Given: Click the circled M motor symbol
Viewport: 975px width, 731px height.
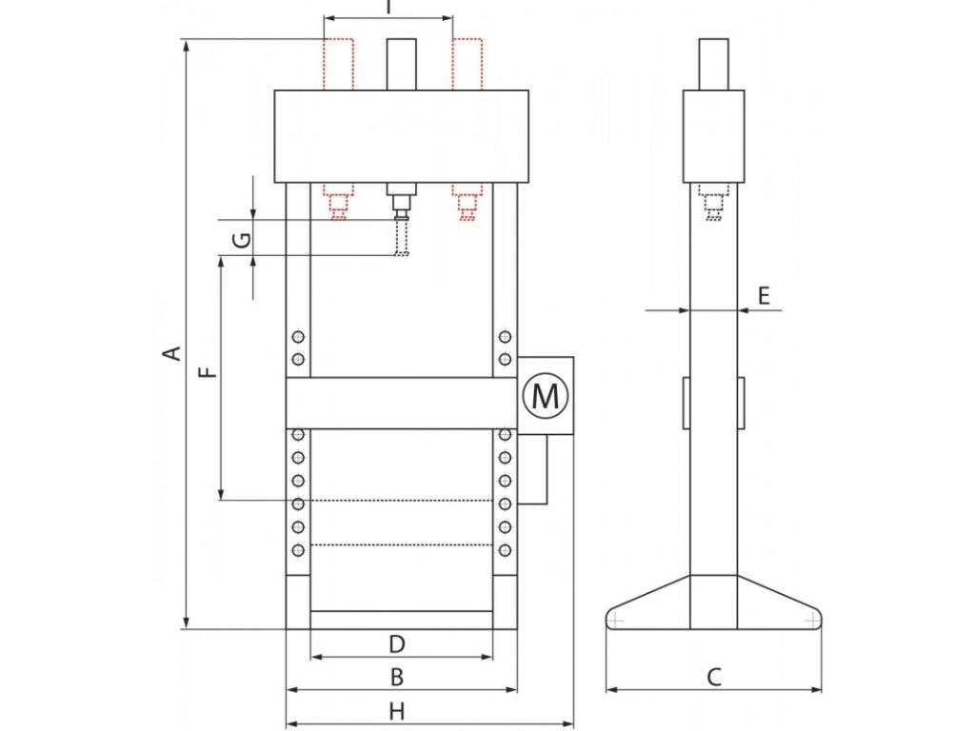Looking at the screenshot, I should point(546,395).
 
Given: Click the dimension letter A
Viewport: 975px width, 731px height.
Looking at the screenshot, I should point(172,354).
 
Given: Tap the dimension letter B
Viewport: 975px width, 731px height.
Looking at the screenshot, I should point(398,677).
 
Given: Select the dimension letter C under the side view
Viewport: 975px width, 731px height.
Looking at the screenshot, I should point(714,677).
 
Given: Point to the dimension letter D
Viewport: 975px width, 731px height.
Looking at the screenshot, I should point(398,644).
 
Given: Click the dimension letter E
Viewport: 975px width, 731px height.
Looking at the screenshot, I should point(764,296).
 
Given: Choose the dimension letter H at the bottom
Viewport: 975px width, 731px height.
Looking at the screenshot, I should point(398,710).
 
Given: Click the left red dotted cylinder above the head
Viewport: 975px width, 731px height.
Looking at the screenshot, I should point(338,64).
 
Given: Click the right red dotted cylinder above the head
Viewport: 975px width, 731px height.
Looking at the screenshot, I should point(467,64).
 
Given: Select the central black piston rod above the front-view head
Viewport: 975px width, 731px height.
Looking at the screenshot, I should point(401,64).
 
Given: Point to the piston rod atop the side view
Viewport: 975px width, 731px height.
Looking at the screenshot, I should point(713,63).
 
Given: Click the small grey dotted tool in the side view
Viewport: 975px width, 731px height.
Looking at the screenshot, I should point(713,203).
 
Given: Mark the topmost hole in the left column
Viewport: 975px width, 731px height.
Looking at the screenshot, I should point(299,337).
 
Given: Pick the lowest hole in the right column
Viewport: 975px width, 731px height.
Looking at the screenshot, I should point(505,549).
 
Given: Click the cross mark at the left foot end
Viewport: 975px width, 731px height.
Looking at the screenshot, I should point(617,621).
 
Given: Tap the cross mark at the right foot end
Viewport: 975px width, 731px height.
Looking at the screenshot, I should point(810,621).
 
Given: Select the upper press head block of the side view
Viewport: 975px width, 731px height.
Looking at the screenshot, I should point(713,135).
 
